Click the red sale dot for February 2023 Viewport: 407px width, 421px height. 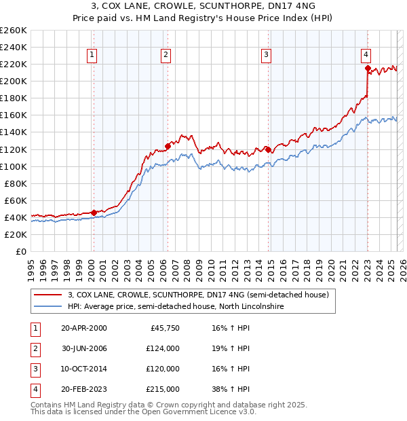tap(368, 68)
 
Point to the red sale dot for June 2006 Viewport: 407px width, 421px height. tap(168, 145)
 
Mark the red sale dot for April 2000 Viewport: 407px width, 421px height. tap(94, 212)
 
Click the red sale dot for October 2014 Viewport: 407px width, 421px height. tap(268, 149)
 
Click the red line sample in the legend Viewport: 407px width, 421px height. tap(47, 295)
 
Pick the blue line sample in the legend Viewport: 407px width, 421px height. tap(47, 307)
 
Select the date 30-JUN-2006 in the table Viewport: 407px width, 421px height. tap(83, 348)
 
